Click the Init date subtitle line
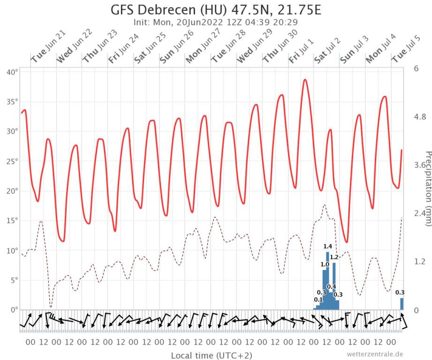pos(216,22)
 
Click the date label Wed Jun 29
pos(254,47)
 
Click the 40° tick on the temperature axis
pos(12,72)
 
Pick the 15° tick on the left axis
pos(12,220)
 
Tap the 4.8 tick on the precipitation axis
pos(420,117)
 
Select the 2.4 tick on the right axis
pos(420,213)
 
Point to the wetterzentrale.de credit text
pos(375,354)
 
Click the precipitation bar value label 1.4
pos(328,247)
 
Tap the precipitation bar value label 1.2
pos(334,257)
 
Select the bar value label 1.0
pos(325,264)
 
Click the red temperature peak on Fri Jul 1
pos(305,80)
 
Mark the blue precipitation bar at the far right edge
pos(402,304)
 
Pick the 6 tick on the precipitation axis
pos(416,68)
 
